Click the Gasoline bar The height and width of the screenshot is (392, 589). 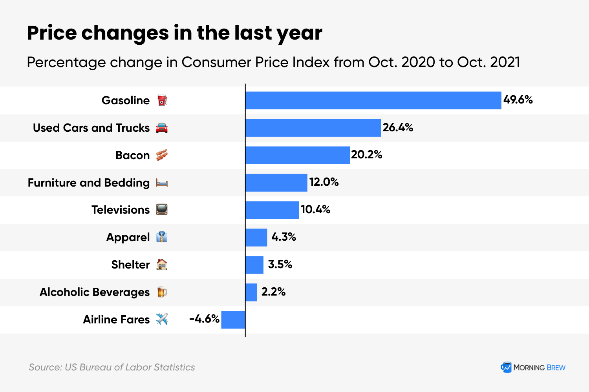pyautogui.click(x=373, y=100)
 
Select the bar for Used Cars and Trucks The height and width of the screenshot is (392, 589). pyautogui.click(x=313, y=128)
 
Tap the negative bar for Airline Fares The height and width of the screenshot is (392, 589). pyautogui.click(x=233, y=319)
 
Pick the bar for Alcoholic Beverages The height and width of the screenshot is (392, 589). pyautogui.click(x=251, y=292)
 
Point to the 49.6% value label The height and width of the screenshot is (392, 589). pyautogui.click(x=518, y=100)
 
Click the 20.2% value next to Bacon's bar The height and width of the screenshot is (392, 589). pyautogui.click(x=366, y=155)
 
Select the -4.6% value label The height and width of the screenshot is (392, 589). pyautogui.click(x=204, y=319)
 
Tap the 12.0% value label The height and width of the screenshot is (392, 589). pyautogui.click(x=324, y=182)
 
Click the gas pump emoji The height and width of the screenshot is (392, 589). pyautogui.click(x=162, y=100)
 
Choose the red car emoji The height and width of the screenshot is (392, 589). pyautogui.click(x=162, y=128)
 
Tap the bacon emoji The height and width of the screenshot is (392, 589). pyautogui.click(x=162, y=155)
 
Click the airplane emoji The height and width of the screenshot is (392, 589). pyautogui.click(x=162, y=319)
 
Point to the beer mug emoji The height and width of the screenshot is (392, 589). pyautogui.click(x=162, y=292)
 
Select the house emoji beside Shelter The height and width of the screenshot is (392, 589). pyautogui.click(x=162, y=265)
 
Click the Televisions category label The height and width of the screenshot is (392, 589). pyautogui.click(x=121, y=210)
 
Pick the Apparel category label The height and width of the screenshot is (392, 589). pyautogui.click(x=128, y=238)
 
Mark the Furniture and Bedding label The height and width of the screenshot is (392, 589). pyautogui.click(x=89, y=183)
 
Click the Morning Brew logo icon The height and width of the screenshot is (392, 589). pyautogui.click(x=506, y=367)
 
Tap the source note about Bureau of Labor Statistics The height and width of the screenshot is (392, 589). pyautogui.click(x=112, y=367)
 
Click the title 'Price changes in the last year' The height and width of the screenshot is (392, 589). pyautogui.click(x=174, y=33)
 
